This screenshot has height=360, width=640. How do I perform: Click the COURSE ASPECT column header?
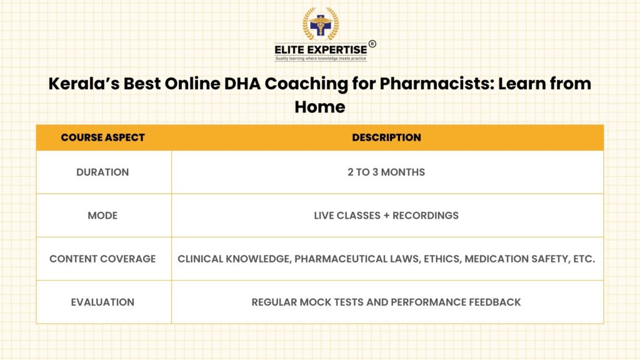[x=103, y=137]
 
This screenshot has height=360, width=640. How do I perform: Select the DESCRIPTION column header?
[x=386, y=137]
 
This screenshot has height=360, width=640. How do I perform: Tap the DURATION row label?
[x=102, y=172]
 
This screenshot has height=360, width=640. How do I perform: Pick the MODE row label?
[x=102, y=216]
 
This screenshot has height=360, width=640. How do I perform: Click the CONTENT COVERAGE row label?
[x=102, y=259]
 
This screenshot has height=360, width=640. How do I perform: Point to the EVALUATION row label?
[x=102, y=302]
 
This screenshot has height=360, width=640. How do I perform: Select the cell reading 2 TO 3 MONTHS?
[x=386, y=172]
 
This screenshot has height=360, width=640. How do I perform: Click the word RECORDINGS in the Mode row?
[x=426, y=216]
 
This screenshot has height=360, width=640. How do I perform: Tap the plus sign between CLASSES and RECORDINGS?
[x=386, y=216]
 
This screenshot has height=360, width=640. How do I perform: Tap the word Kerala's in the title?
[x=84, y=84]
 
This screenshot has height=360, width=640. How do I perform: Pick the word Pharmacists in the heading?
[x=437, y=84]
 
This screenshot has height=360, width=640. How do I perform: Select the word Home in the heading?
[x=320, y=107]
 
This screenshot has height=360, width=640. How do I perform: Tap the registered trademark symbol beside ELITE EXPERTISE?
[x=372, y=44]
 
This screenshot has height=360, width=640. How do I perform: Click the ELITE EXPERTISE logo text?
[x=321, y=50]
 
